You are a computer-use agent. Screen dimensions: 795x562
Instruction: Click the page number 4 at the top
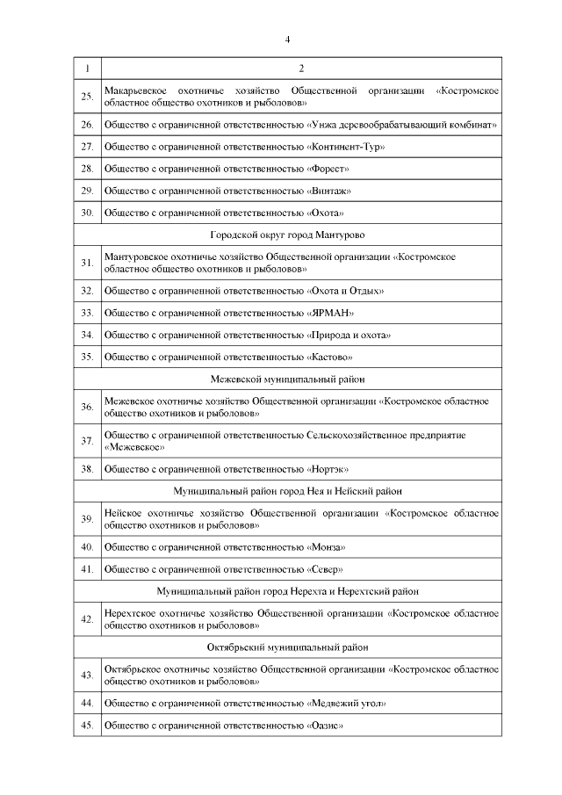click(x=287, y=40)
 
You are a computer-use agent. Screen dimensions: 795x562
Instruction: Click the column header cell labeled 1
click(x=87, y=69)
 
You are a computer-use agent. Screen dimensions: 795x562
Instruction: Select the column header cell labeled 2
click(x=301, y=69)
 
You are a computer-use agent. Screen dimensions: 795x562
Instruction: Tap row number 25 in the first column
click(x=87, y=97)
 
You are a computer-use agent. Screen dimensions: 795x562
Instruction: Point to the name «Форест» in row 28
click(x=329, y=168)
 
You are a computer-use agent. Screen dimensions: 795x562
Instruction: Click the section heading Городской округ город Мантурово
click(x=287, y=235)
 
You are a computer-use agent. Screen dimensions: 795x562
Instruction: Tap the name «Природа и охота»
click(x=349, y=335)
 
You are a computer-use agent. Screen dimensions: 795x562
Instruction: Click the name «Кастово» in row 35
click(x=331, y=357)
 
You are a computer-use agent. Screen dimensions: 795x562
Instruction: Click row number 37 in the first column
click(x=87, y=440)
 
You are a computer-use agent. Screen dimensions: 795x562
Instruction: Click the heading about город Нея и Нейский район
click(x=287, y=491)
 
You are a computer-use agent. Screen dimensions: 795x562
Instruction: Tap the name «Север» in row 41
click(x=326, y=568)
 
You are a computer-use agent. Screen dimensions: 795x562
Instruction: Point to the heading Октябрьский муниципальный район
click(x=287, y=647)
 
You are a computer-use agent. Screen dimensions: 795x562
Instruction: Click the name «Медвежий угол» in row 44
click(x=347, y=703)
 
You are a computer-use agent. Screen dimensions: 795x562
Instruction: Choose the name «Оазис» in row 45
click(x=326, y=726)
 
